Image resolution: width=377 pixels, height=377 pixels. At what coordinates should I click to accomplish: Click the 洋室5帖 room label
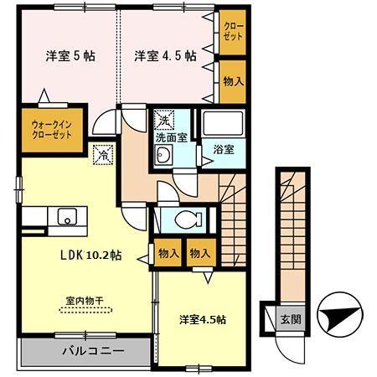point(69,56)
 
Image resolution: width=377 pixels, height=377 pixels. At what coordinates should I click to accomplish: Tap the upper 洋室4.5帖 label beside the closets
point(166,56)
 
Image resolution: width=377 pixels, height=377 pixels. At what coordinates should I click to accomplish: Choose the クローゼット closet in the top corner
point(231,34)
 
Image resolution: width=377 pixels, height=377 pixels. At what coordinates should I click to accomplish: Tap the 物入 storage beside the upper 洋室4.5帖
point(232,81)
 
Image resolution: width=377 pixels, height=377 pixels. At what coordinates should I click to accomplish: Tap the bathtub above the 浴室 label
point(222,125)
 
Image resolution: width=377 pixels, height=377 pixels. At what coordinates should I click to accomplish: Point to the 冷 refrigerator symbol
point(101,154)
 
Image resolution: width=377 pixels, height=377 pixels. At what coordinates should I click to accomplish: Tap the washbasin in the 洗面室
point(164,154)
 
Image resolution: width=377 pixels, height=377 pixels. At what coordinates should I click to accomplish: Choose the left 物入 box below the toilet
point(166,252)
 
